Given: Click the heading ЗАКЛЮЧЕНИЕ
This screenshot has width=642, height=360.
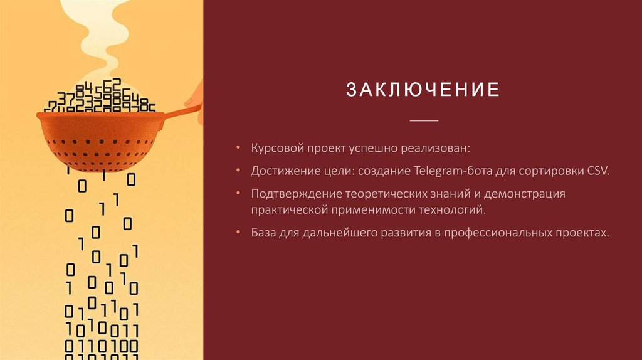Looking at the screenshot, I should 423,90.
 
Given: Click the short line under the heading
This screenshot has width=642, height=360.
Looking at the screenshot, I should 424,120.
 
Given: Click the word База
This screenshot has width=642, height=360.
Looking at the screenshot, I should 265,233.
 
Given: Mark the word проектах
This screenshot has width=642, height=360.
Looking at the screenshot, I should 580,233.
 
